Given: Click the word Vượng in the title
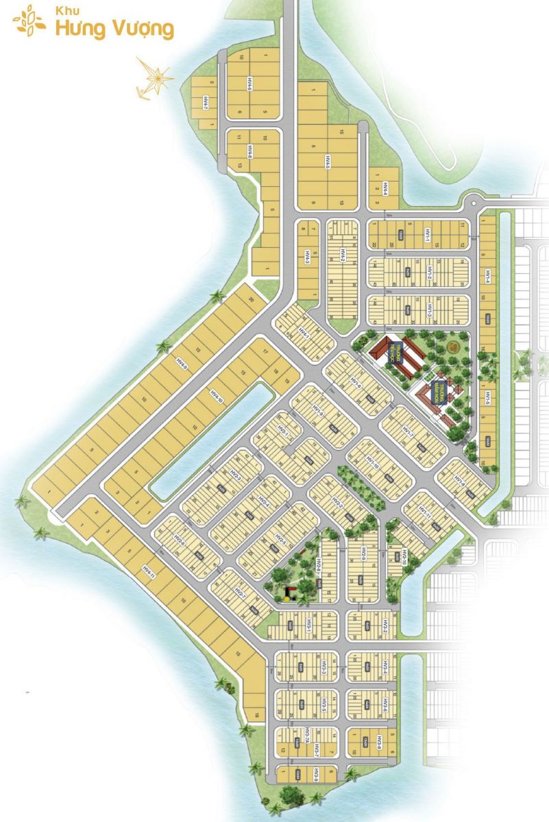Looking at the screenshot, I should pyautogui.click(x=143, y=29).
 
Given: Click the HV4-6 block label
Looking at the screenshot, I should pyautogui.click(x=250, y=85).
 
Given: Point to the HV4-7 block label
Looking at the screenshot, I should pyautogui.click(x=205, y=103).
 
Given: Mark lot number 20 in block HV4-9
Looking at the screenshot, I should pyautogui.click(x=252, y=300).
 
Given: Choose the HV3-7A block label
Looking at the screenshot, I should pyautogui.click(x=308, y=737).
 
